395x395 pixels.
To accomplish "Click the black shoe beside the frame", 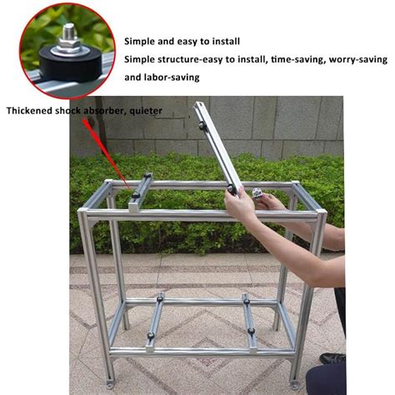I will tap(332, 358).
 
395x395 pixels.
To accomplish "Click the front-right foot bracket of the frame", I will tap(297, 382).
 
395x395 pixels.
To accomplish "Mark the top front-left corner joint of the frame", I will tap(86, 213).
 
